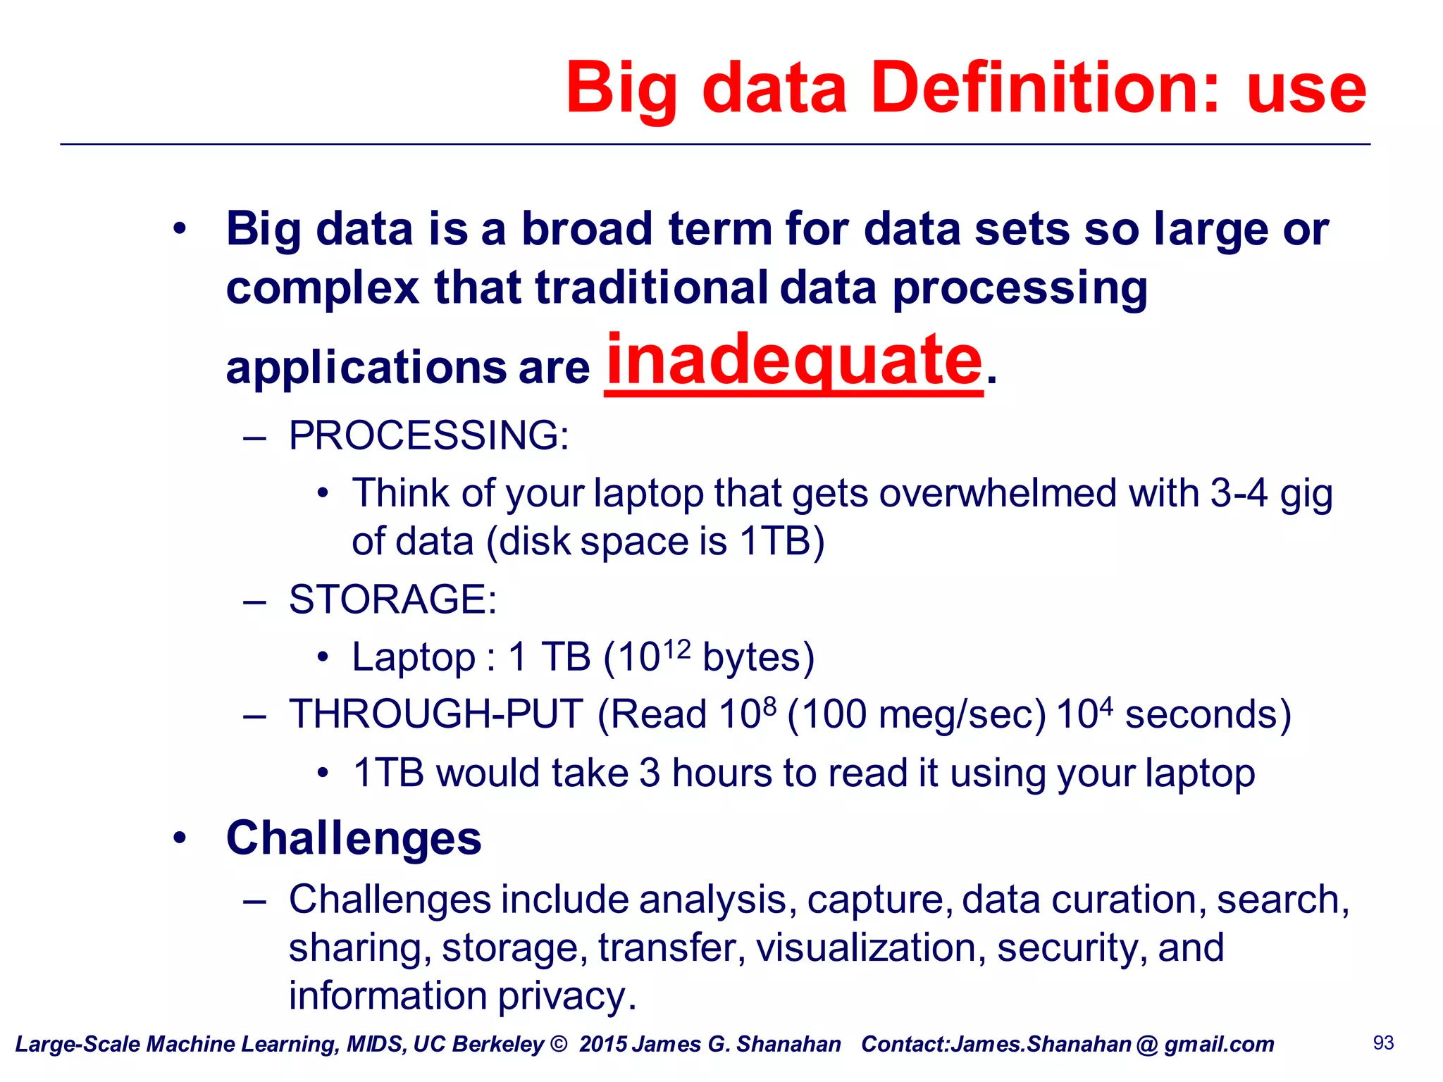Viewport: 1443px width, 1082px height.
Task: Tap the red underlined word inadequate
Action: click(x=793, y=361)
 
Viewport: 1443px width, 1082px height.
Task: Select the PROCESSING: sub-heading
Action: click(x=428, y=435)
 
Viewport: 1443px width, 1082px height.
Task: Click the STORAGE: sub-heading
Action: click(x=392, y=599)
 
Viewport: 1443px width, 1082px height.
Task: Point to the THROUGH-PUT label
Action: click(x=436, y=714)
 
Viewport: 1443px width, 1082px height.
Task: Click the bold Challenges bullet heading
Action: click(x=354, y=838)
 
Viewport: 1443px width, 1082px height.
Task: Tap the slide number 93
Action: click(x=1383, y=1043)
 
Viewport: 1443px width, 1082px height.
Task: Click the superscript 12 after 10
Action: click(x=676, y=647)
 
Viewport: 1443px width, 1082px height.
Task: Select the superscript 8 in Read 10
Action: click(x=769, y=705)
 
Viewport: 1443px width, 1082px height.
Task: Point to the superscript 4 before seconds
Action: click(x=1106, y=705)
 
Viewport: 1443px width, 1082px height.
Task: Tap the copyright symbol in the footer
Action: click(x=558, y=1044)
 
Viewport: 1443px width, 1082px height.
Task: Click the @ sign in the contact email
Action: click(x=1147, y=1045)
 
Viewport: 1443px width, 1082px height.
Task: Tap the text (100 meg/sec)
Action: click(x=916, y=714)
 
